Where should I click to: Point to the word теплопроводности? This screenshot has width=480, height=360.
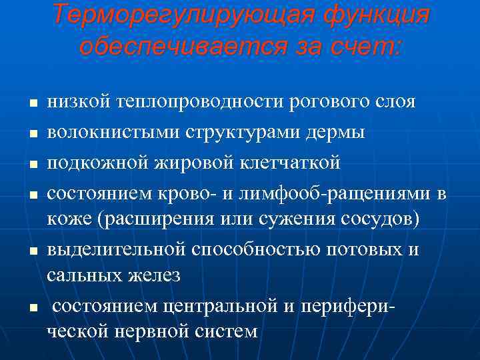pyautogui.click(x=201, y=103)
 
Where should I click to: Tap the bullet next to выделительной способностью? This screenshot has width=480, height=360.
pyautogui.click(x=33, y=250)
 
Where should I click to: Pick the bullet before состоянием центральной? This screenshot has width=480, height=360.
pyautogui.click(x=33, y=307)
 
